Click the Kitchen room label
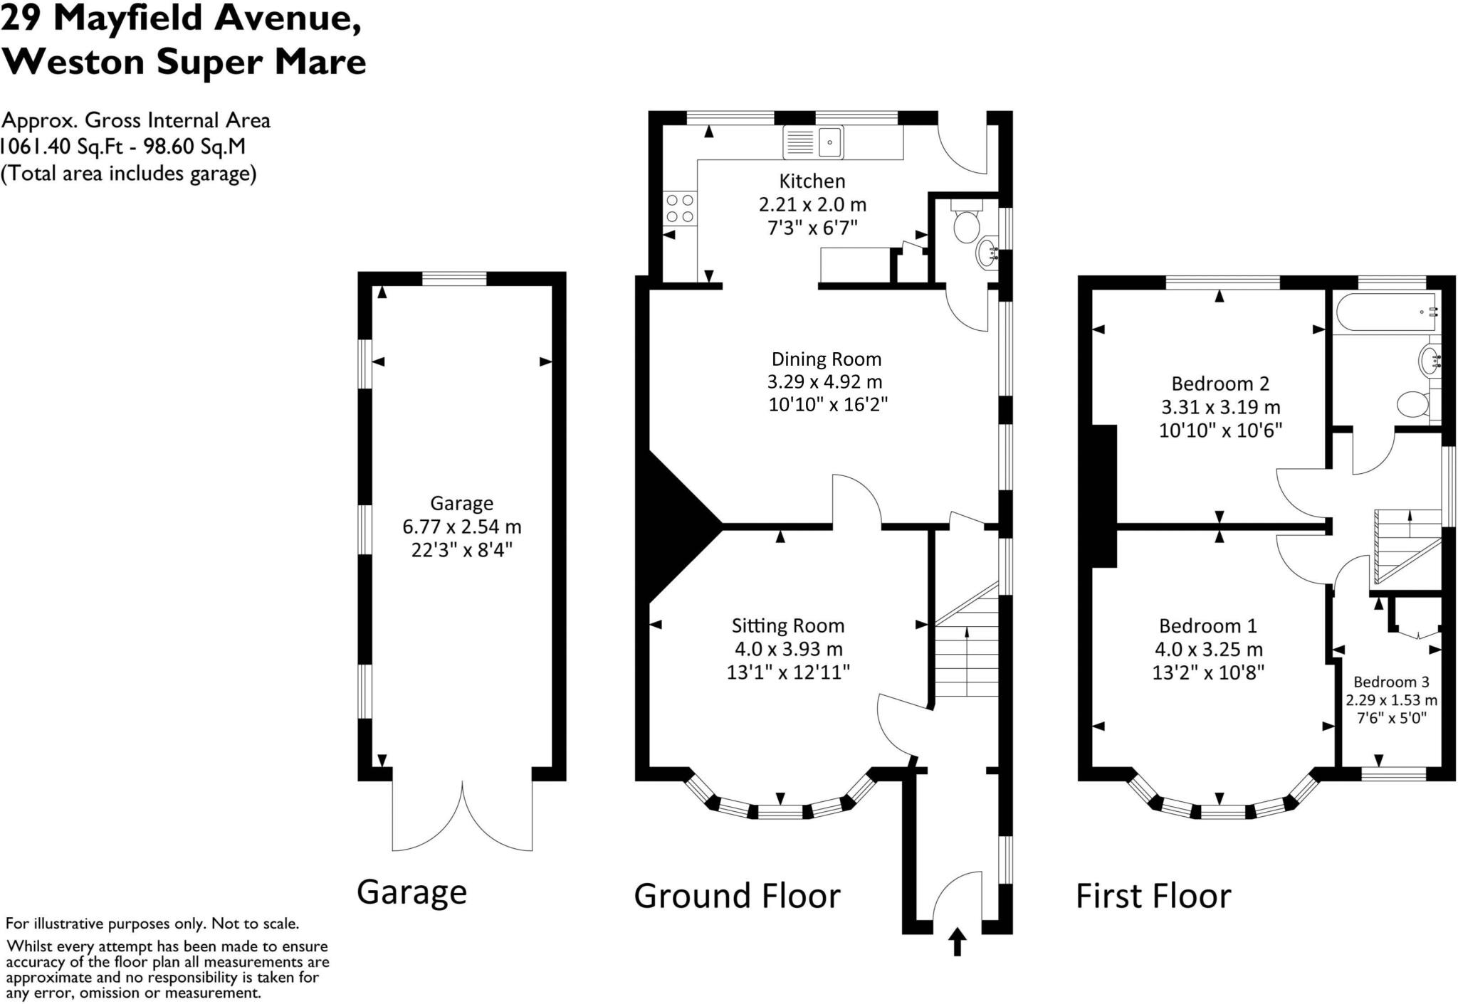tap(812, 181)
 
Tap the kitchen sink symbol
tap(813, 142)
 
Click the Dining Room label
tap(827, 359)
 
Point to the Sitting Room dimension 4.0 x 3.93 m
tap(788, 649)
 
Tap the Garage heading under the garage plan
tap(411, 892)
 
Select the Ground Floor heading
tap(737, 896)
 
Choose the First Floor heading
tap(1153, 896)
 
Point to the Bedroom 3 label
tap(1391, 682)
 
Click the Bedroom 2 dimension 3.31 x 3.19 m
tap(1220, 407)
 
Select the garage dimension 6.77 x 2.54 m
tap(461, 527)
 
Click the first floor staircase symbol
tap(1406, 546)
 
